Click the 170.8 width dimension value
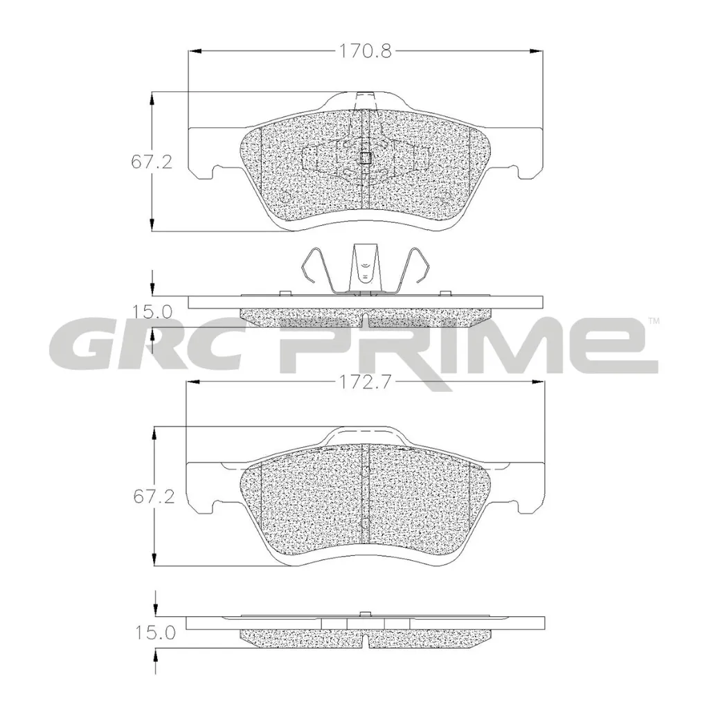365,51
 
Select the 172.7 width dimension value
365,382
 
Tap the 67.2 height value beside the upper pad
152,162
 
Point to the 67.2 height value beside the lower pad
152,496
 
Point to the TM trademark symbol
653,321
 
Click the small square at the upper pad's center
366,158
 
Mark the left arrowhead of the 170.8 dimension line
194,51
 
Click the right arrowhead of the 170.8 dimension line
537,51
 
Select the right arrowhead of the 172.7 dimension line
538,382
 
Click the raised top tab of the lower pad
365,436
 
